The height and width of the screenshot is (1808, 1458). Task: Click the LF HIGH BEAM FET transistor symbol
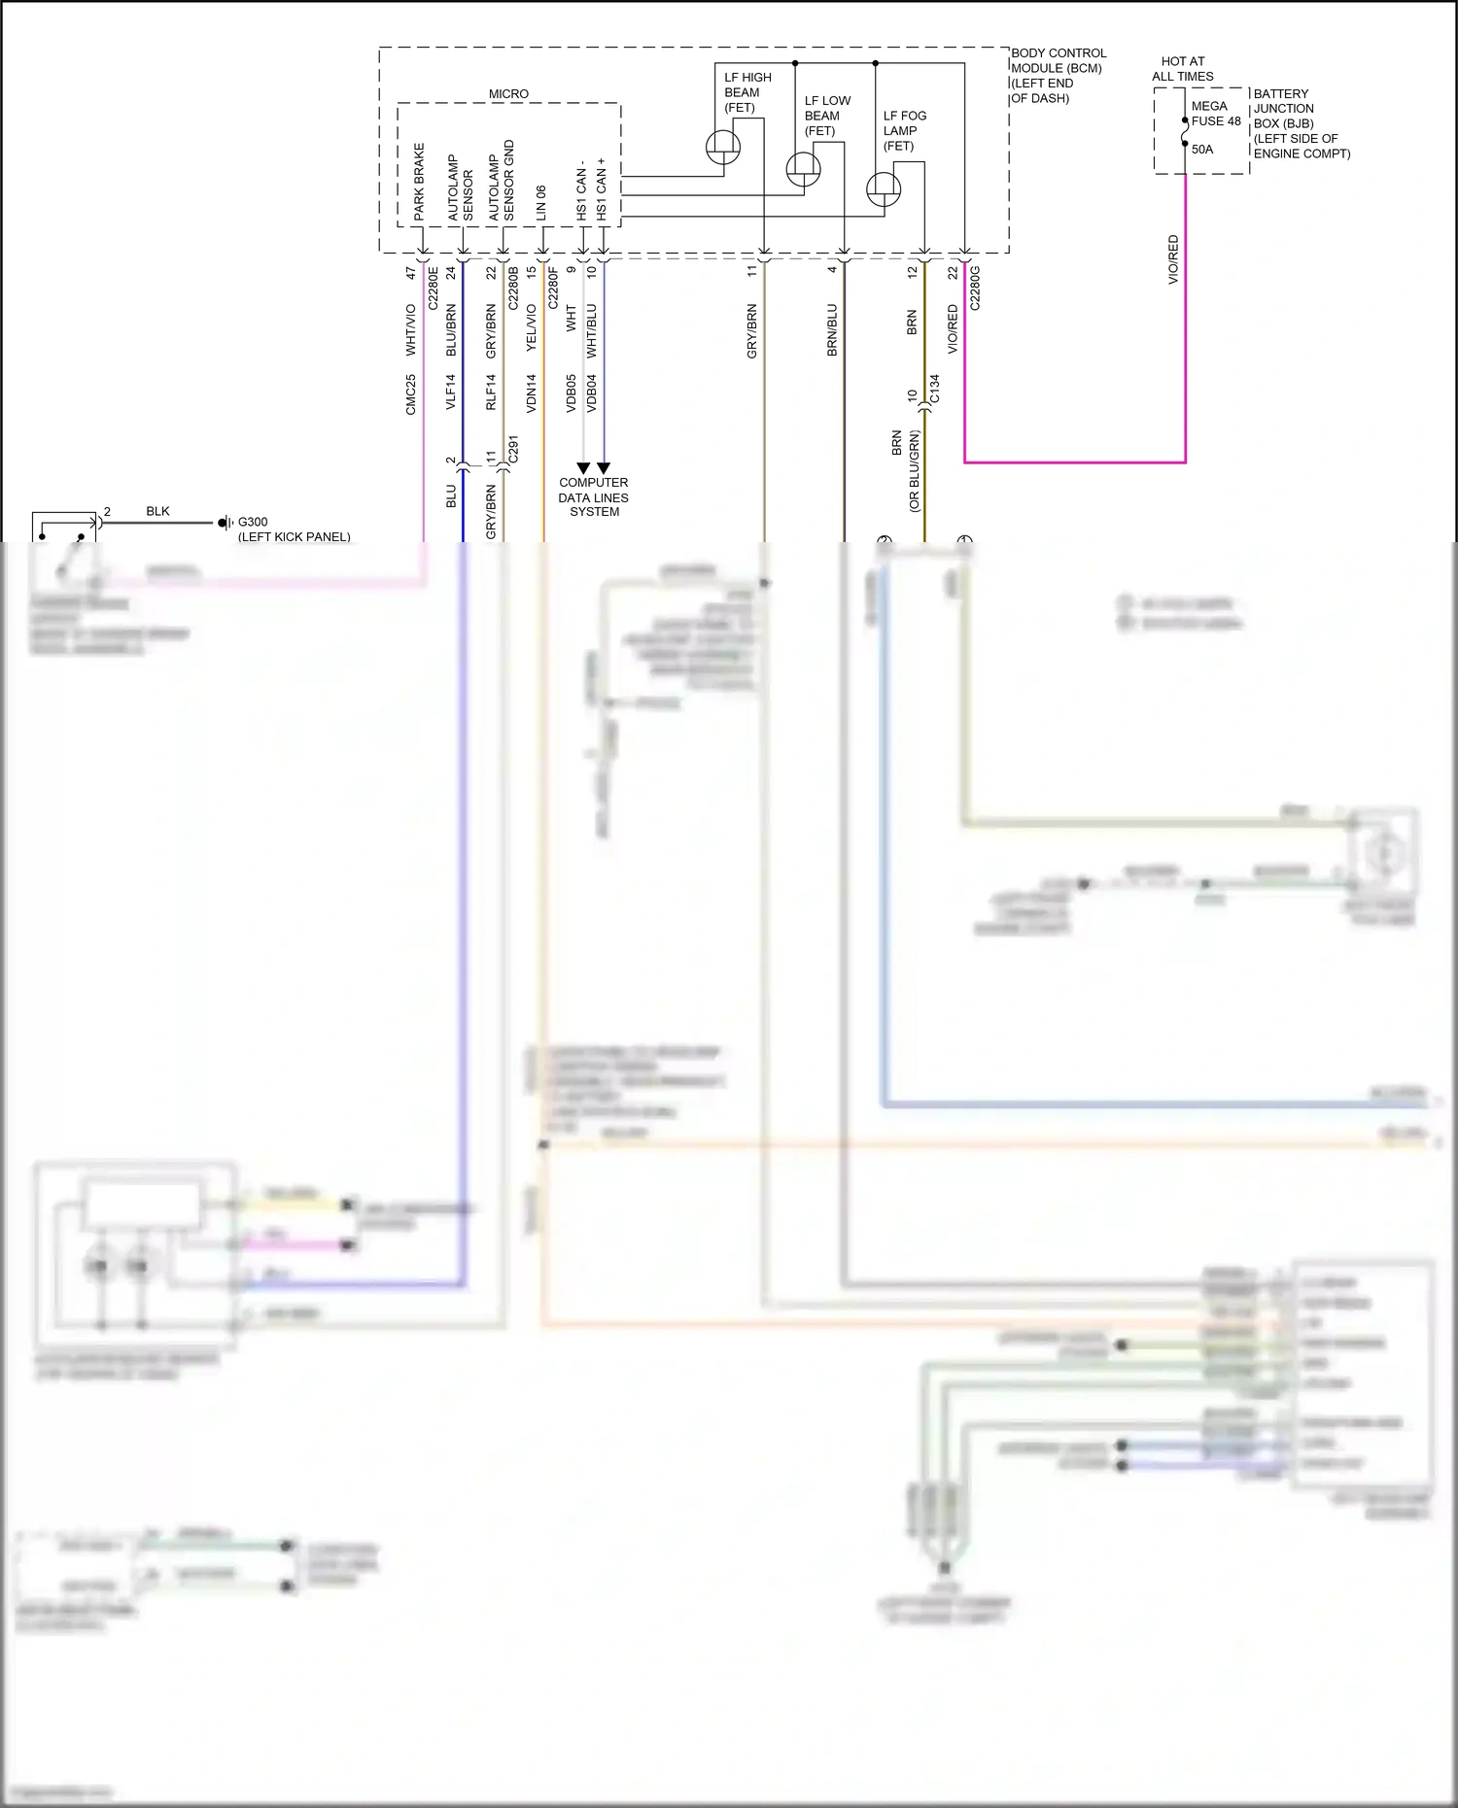(x=722, y=148)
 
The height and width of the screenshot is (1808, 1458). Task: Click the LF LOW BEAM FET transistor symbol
(x=803, y=169)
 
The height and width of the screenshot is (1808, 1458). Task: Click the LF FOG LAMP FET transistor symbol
(x=883, y=188)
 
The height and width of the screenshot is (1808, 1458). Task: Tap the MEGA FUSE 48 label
(x=1215, y=114)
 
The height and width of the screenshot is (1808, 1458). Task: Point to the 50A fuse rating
(x=1202, y=150)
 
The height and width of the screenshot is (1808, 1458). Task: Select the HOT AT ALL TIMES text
(x=1182, y=69)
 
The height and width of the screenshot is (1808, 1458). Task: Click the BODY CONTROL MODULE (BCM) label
(x=1057, y=61)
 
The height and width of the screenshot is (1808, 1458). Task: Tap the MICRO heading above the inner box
(x=508, y=94)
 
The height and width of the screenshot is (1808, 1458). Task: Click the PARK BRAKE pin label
(x=419, y=182)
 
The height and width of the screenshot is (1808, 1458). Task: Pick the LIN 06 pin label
(x=541, y=203)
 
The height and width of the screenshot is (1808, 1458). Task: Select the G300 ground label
(x=253, y=522)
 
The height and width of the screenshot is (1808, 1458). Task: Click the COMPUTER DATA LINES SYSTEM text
(x=594, y=497)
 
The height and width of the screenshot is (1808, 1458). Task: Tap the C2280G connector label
(x=975, y=288)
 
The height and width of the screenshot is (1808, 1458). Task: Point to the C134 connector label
(x=935, y=389)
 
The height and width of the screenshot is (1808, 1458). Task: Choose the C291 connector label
(x=513, y=449)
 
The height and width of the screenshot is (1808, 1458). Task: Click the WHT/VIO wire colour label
(x=410, y=329)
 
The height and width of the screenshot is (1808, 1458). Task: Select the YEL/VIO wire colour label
(x=531, y=327)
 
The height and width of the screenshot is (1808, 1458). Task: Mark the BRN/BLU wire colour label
(x=832, y=330)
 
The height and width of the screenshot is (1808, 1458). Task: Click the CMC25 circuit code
(x=410, y=394)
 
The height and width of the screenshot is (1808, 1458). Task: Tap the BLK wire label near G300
(x=157, y=511)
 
